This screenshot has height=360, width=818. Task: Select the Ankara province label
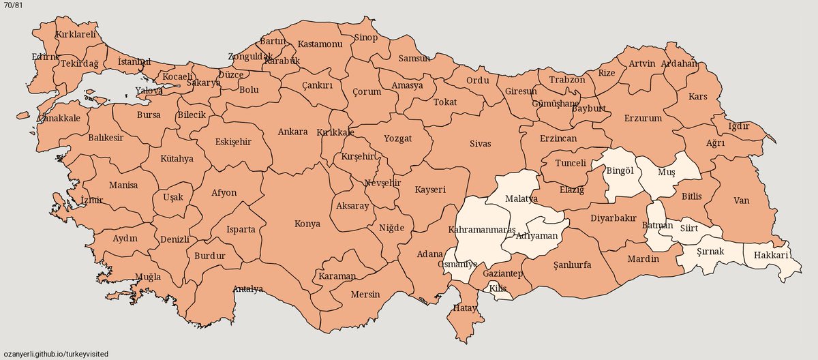(293, 132)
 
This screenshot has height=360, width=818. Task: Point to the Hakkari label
(771, 256)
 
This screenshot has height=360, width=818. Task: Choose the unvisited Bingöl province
(620, 170)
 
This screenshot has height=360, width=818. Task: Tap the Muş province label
(665, 172)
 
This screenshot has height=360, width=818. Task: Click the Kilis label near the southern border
(498, 289)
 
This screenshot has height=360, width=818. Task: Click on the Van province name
(742, 200)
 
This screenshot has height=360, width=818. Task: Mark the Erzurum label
(643, 118)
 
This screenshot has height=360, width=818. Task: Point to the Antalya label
(248, 289)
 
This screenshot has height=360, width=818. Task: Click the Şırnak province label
(709, 251)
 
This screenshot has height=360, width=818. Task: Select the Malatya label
(521, 198)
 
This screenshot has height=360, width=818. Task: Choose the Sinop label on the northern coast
(365, 37)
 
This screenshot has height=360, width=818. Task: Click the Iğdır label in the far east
(739, 126)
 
